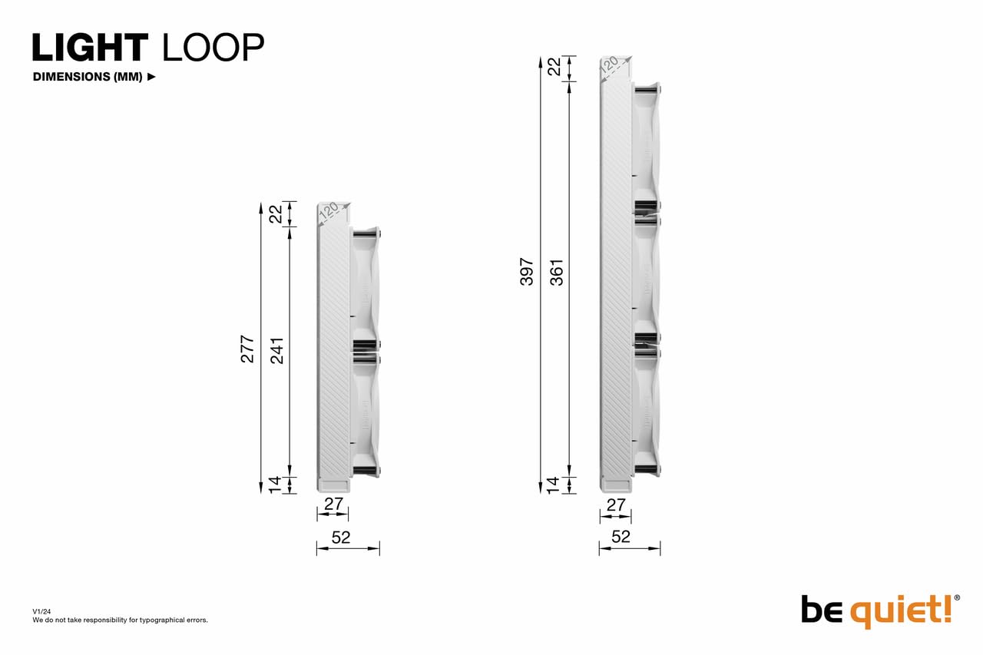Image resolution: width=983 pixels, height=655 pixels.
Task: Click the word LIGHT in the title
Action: (89, 48)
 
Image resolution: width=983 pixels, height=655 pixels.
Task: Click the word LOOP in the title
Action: (213, 48)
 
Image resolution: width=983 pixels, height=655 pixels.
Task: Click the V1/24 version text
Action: (41, 611)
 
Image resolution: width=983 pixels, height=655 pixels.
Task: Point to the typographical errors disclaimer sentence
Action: (120, 620)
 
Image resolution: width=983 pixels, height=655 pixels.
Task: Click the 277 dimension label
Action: (247, 349)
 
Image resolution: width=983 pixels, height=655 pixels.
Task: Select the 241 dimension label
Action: (276, 350)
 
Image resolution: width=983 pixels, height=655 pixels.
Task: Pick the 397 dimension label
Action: (527, 272)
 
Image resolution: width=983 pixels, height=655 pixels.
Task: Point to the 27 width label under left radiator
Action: (333, 504)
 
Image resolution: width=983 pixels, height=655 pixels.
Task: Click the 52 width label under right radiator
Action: (621, 537)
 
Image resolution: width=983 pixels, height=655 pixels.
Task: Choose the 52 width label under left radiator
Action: (340, 538)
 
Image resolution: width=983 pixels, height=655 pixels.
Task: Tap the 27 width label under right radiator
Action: (616, 504)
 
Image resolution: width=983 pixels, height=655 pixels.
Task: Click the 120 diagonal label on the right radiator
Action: (611, 65)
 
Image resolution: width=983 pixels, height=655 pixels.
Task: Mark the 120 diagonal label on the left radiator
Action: (329, 212)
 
